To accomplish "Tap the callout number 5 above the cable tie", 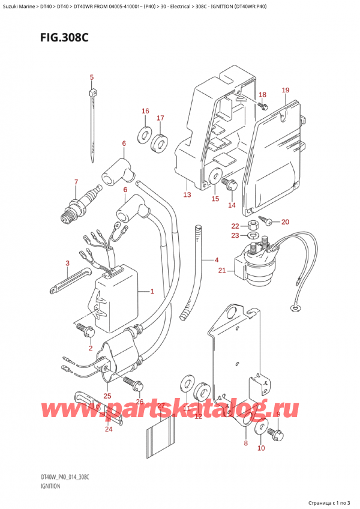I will [92, 77].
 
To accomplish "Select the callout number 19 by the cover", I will [286, 91].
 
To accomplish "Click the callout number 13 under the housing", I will [187, 195].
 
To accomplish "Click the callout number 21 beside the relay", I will [222, 271].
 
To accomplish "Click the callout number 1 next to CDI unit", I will [152, 292].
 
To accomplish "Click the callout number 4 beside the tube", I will [216, 260].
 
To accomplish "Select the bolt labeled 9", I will [274, 430].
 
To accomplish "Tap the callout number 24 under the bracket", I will [108, 429].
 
